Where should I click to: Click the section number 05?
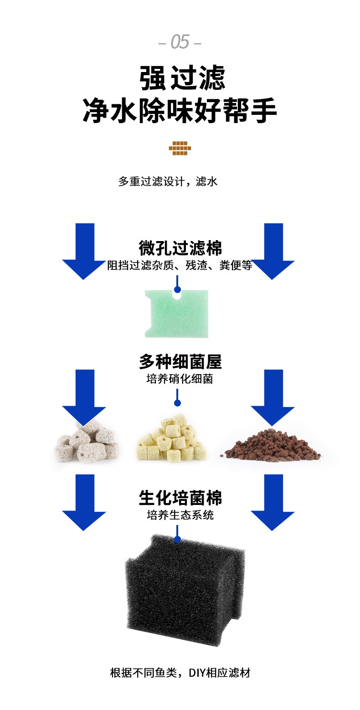pos(180,42)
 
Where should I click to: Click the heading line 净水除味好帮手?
pos(180,111)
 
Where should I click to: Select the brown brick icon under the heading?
pos(180,148)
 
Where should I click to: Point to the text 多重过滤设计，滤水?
pos(168,181)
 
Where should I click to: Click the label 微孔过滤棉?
pos(180,248)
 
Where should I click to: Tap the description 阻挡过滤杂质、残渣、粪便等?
pos(180,266)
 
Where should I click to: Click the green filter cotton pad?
pos(176,314)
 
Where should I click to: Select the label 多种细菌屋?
pos(180,362)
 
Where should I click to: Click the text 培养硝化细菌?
pos(180,379)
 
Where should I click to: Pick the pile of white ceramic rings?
pos(87,441)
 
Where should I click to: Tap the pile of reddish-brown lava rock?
pos(273,445)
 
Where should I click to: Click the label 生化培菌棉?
pos(180,498)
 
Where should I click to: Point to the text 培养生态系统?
pos(180,515)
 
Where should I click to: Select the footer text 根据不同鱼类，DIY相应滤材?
pos(180,673)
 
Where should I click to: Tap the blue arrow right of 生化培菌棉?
pos(273,502)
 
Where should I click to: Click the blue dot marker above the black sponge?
pos(178,540)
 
